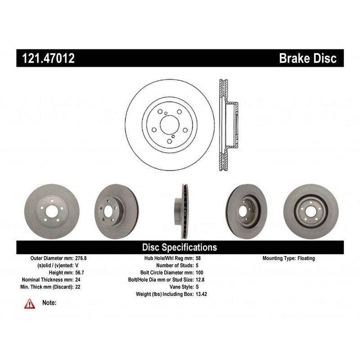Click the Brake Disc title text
[308, 58]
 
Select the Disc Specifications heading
[180, 247]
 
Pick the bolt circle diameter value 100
[201, 272]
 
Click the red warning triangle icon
[30, 304]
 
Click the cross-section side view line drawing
[228, 126]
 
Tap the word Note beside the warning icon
[49, 303]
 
